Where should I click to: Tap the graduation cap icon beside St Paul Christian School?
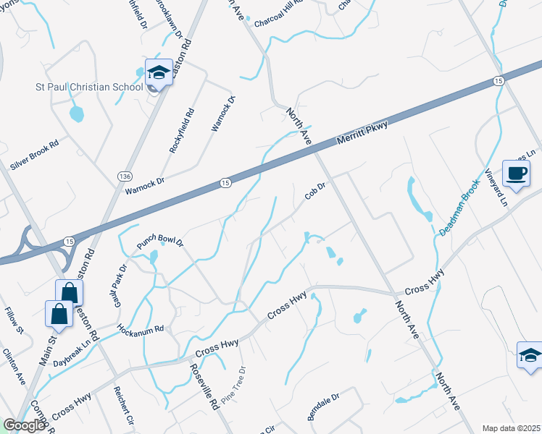159,72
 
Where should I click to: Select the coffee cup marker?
516,174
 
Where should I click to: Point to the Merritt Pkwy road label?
362,135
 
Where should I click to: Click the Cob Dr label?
315,191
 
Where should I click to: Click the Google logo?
24,425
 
